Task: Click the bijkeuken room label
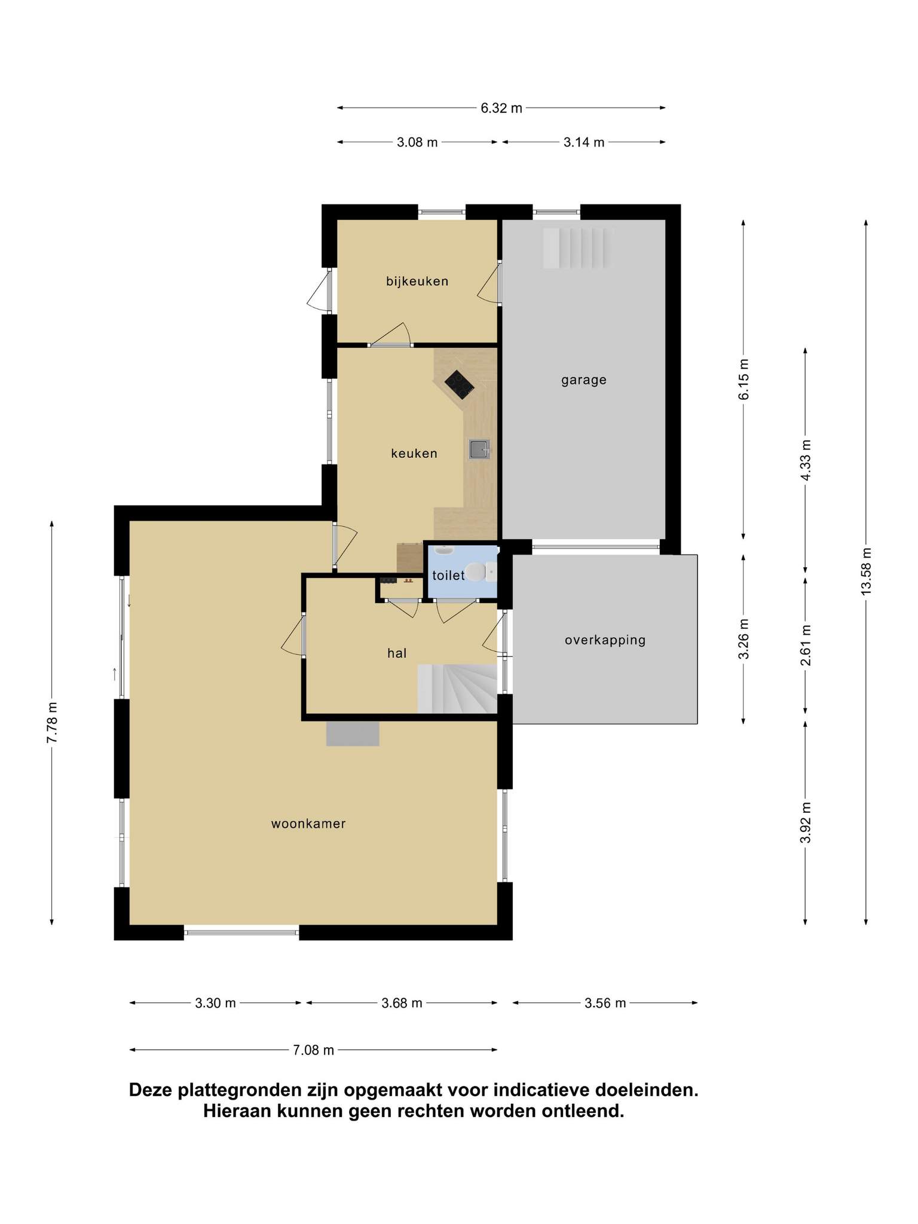417,281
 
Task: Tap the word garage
584,380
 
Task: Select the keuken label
414,454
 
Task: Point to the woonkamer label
308,824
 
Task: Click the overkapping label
605,641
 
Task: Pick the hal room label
397,653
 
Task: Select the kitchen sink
479,449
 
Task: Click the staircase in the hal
457,688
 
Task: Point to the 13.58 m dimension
866,571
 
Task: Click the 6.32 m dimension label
501,108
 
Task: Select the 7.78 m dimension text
52,722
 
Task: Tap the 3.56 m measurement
605,1003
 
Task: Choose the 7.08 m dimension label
314,1050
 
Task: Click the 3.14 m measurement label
584,142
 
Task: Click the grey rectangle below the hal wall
353,734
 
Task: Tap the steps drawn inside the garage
578,248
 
